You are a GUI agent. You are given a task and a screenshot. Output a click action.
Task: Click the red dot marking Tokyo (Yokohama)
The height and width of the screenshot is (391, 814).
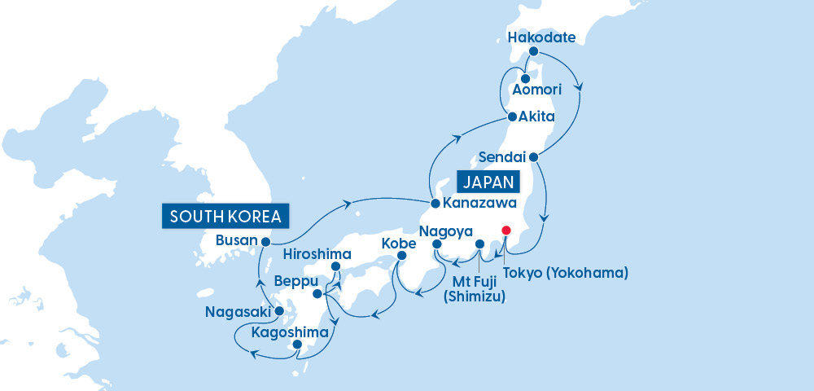[x=506, y=231]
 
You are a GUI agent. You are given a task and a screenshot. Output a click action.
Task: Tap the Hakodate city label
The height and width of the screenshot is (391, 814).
[x=541, y=37]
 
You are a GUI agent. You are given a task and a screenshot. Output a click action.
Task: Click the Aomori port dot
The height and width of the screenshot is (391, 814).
[x=514, y=79]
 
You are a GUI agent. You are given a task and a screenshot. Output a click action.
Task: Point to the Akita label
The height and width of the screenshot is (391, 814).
[x=537, y=116]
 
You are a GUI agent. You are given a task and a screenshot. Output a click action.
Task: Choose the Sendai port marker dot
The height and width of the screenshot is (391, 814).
[x=533, y=156]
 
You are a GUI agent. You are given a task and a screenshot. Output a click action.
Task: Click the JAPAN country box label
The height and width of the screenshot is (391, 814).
[x=491, y=181]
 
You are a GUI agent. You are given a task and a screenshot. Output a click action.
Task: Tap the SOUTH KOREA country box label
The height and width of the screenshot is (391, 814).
[x=225, y=216]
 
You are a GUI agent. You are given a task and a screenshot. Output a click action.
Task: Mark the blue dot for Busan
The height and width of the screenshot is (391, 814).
[x=265, y=241]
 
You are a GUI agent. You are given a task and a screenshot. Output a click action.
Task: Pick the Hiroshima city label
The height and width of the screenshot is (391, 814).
[x=316, y=253]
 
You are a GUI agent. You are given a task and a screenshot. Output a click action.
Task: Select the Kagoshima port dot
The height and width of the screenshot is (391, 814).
[x=297, y=345]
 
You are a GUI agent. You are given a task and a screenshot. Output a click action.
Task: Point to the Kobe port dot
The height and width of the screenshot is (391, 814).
[x=401, y=257]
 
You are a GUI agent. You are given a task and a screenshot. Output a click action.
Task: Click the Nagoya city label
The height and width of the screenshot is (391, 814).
[x=445, y=231]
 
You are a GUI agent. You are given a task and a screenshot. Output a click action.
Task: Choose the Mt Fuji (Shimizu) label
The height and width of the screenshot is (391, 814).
[x=474, y=290]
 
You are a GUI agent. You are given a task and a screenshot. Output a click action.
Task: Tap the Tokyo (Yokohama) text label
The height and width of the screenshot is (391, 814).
[x=565, y=273]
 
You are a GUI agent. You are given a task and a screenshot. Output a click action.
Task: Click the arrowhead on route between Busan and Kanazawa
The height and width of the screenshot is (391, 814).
[x=348, y=201]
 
